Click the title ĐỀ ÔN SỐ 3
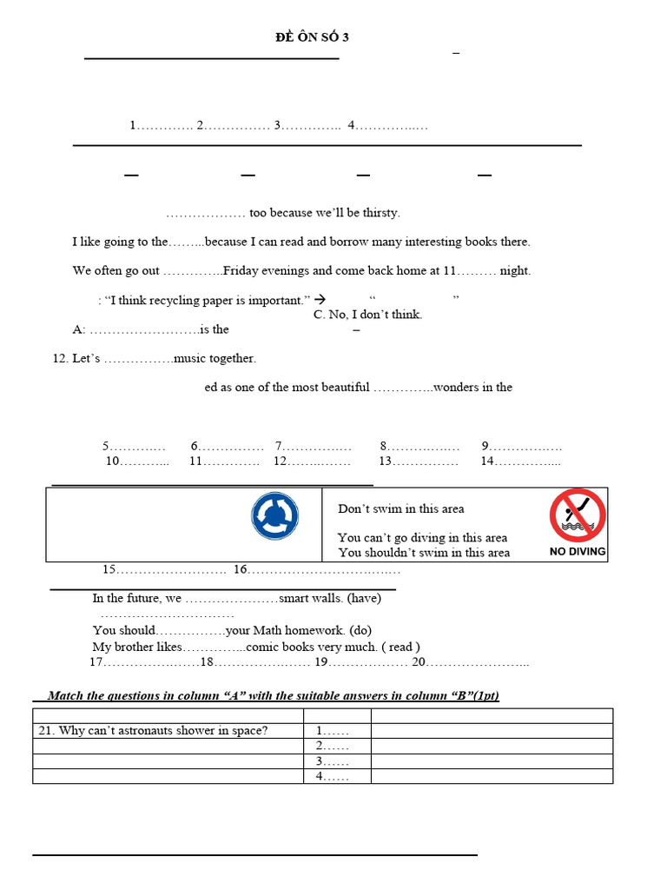312,37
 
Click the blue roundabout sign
275,515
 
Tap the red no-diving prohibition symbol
578,515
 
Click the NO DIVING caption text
578,552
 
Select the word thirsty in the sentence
380,213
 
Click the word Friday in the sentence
243,270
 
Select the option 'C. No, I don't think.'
367,315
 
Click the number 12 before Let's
60,358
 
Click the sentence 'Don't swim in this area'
401,509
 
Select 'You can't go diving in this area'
422,537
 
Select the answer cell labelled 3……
333,761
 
